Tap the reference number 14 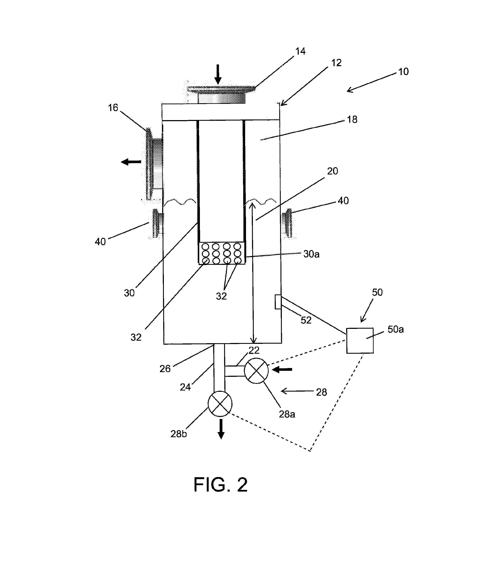click(x=300, y=51)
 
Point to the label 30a click(x=311, y=254)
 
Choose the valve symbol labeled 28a click(x=256, y=371)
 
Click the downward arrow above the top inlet click(x=218, y=74)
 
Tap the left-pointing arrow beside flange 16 click(x=131, y=162)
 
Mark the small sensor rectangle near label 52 click(x=278, y=302)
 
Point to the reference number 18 click(x=352, y=119)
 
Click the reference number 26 click(x=165, y=369)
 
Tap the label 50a click(x=396, y=329)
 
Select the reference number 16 click(x=113, y=108)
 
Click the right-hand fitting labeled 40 click(x=287, y=223)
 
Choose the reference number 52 click(x=306, y=320)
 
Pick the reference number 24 click(x=185, y=387)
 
